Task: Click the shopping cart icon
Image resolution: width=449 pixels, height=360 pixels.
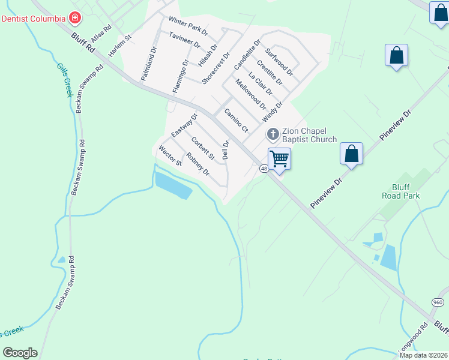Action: coord(279,159)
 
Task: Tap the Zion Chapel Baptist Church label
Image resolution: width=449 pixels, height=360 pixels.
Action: coord(309,135)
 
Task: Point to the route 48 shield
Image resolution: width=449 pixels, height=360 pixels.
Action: coord(264,169)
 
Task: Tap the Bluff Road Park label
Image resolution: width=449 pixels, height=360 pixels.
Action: coord(400,191)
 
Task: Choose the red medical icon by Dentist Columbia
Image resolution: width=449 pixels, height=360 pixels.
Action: coord(74,18)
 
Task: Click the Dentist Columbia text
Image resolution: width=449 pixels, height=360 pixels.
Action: coord(33,19)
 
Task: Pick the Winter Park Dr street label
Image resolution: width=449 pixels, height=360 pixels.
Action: coord(188,26)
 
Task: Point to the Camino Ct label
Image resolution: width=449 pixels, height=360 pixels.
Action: coord(236,120)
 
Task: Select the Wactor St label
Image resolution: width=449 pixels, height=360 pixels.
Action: coord(170,155)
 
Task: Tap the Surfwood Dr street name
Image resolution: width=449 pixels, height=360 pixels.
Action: coord(279,62)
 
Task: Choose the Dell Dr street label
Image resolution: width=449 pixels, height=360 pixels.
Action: coord(226,150)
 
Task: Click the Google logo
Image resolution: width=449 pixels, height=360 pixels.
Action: coord(20,353)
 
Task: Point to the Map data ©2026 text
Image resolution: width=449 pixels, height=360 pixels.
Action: coord(423,355)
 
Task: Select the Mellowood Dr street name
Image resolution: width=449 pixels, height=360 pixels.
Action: coord(251,94)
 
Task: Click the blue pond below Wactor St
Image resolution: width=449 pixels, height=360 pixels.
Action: coord(173,184)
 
